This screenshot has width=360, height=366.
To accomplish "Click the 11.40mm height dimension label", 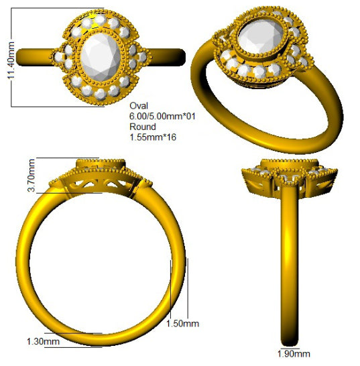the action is click(x=11, y=60).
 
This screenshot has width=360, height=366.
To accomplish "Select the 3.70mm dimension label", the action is click(x=32, y=176).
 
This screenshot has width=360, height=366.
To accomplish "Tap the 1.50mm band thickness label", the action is click(x=182, y=324).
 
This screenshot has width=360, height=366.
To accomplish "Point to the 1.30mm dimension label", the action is click(x=43, y=341).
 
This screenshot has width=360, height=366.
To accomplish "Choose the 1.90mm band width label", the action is click(x=294, y=354).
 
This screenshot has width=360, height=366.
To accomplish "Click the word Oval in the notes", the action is click(x=139, y=106).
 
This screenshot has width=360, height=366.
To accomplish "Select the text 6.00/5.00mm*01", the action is click(x=162, y=116).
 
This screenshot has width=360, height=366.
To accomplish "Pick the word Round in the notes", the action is click(x=143, y=127).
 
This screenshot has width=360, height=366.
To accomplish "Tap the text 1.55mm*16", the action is click(x=153, y=137).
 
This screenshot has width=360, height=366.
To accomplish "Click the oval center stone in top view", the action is click(x=101, y=57).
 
